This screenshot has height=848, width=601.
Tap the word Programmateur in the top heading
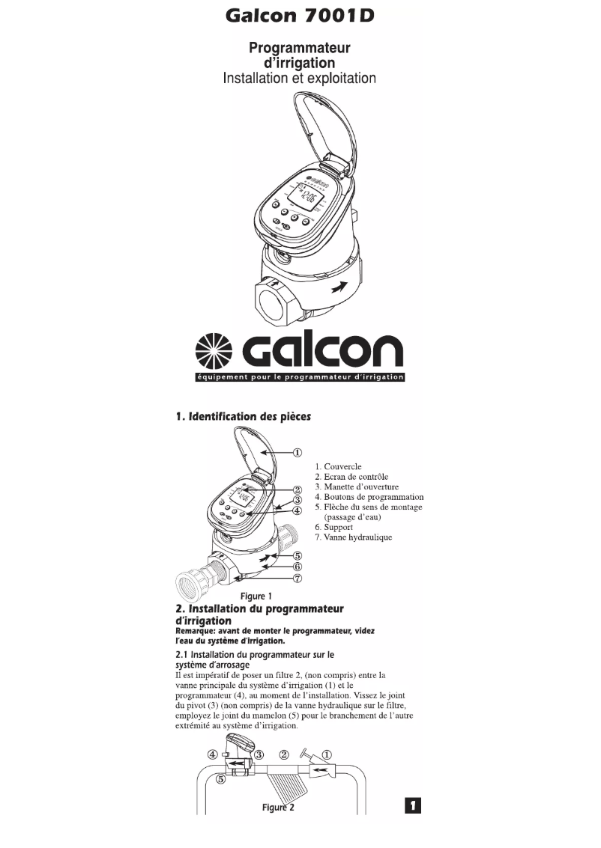300,48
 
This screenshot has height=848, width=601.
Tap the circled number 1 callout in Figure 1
297,452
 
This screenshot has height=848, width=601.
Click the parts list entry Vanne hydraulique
353,537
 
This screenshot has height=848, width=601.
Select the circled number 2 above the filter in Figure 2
284,754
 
